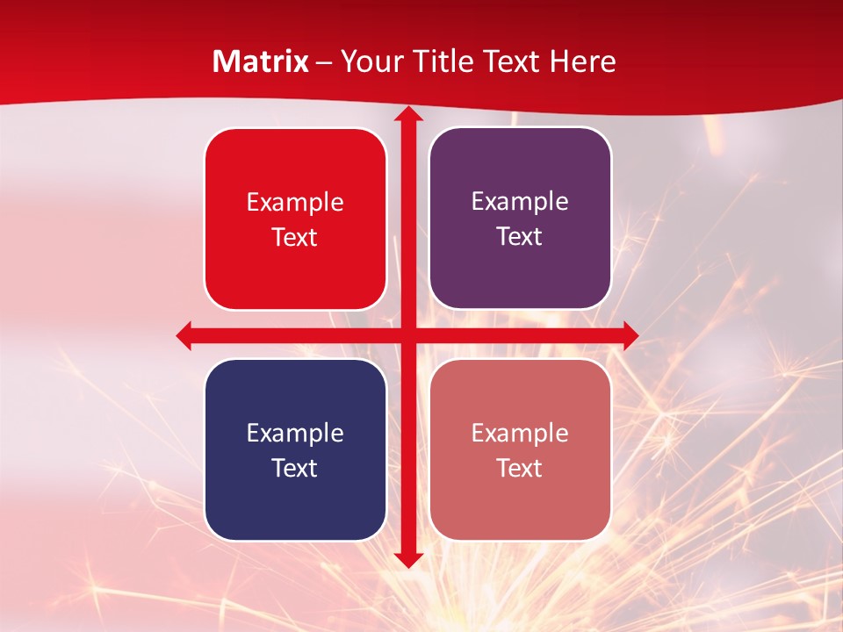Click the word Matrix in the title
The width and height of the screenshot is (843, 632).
(261, 61)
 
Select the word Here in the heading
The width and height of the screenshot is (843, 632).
(582, 61)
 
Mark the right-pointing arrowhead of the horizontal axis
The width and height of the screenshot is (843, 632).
(629, 335)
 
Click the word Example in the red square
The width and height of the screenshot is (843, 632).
(295, 203)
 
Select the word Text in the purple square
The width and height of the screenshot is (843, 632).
(520, 237)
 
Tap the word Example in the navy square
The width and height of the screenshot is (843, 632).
(295, 433)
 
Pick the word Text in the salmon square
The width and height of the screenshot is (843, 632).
(520, 468)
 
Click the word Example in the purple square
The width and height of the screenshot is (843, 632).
(520, 202)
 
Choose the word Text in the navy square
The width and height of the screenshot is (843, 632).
(295, 468)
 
